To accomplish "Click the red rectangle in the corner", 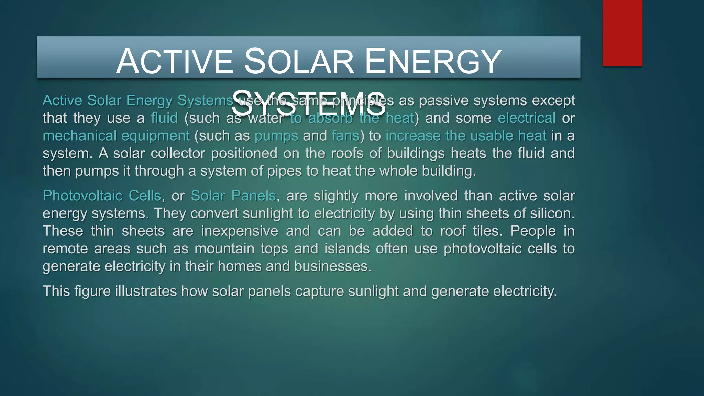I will tap(622, 33).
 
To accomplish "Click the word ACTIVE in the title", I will tap(175, 62).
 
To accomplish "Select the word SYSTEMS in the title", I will tap(308, 103).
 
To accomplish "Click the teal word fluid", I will tap(164, 118).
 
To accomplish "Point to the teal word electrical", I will tap(526, 118).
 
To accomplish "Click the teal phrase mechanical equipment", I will tap(116, 136).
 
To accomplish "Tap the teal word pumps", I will tap(276, 136).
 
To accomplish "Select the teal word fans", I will tap(345, 136).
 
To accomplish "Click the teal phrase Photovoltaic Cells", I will tap(102, 196).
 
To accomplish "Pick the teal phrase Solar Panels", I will tap(233, 196).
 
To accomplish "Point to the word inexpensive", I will tap(239, 231).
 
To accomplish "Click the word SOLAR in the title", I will tap(299, 62).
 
